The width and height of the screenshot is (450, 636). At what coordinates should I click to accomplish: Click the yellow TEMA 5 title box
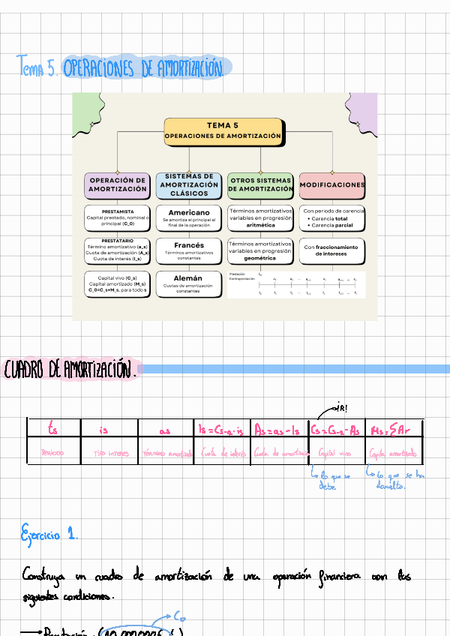point(223,130)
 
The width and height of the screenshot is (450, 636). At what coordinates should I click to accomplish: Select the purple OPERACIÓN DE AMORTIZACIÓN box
point(118,184)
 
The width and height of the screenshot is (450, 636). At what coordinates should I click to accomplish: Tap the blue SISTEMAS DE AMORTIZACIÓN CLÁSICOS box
point(189,184)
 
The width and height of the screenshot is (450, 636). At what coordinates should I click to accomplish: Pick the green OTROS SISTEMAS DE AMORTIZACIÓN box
point(260,184)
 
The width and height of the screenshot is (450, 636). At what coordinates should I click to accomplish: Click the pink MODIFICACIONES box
point(332,184)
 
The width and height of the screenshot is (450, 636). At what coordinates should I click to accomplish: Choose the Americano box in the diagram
point(189,217)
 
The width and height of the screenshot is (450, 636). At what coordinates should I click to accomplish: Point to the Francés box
point(189,249)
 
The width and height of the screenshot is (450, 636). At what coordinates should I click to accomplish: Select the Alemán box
point(189,283)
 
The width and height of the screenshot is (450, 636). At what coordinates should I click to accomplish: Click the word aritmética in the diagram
point(260,225)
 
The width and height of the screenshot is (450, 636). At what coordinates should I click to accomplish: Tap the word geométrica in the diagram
point(260,258)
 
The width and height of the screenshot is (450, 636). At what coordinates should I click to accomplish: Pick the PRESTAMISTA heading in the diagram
point(118,211)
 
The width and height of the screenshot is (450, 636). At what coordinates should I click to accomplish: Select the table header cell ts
point(52,429)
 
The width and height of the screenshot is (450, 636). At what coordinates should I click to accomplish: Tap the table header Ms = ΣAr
point(392,429)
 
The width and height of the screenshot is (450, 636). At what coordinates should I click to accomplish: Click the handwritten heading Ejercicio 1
point(49,534)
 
